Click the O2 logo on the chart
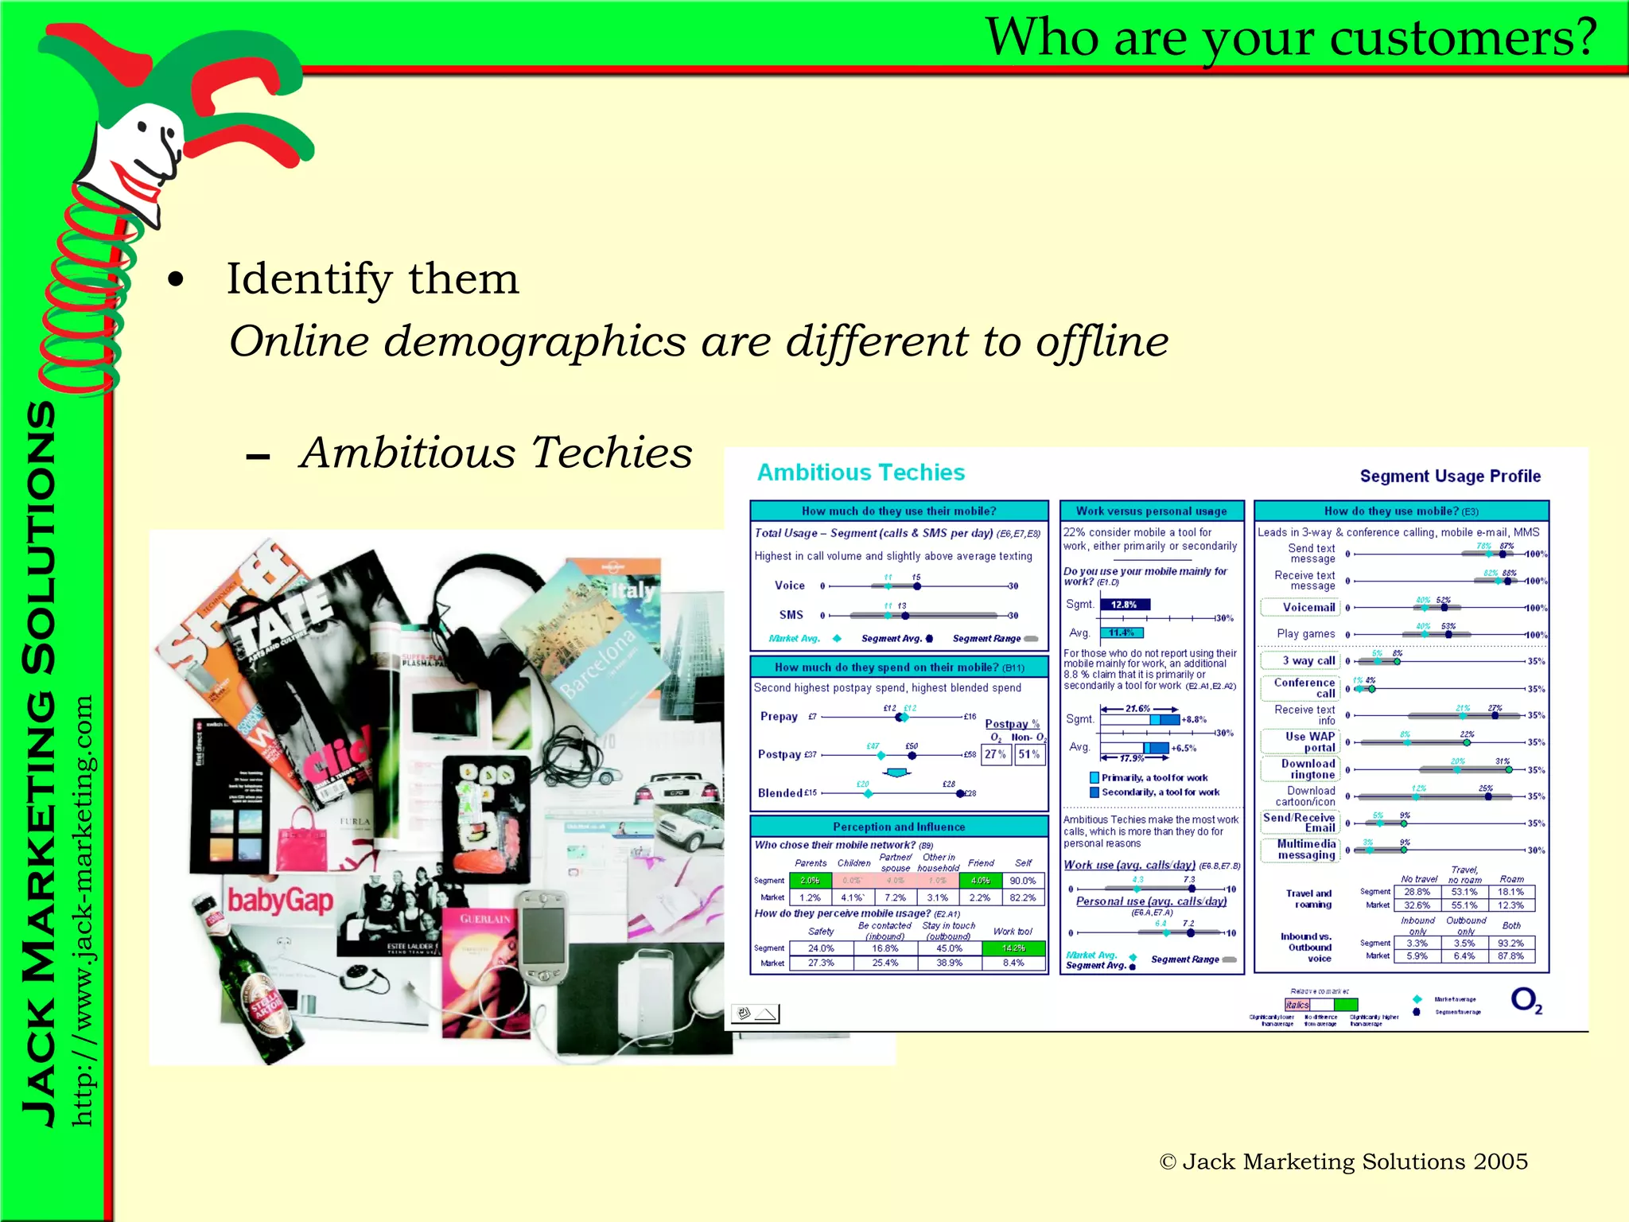pos(1526,1000)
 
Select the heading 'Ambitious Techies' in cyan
pos(861,473)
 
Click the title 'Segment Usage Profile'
pos(1449,477)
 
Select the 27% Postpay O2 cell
pos(995,754)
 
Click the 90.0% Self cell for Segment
pos(1022,881)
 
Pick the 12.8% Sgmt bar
pos(1124,605)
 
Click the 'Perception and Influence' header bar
pos(899,827)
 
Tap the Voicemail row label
pos(1308,608)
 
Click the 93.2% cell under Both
pos(1510,943)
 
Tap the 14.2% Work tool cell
pos(1013,948)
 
